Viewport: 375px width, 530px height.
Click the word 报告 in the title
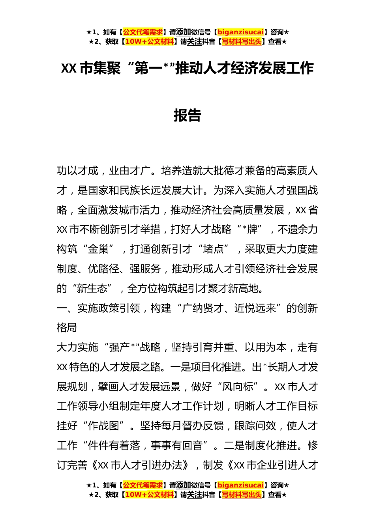coord(187,115)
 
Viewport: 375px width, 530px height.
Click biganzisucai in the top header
coord(240,32)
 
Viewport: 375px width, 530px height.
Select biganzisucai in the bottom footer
coord(240,485)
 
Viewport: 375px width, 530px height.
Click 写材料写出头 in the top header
coord(242,42)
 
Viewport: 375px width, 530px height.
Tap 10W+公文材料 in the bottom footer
coord(149,495)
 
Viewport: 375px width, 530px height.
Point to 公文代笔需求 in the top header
coord(143,32)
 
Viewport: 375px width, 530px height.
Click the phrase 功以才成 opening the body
coord(77,171)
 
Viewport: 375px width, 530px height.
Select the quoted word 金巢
coord(98,249)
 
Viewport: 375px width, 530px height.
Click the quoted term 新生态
coord(92,289)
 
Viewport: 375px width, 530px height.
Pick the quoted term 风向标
coord(238,387)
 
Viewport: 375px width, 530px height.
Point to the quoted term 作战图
coord(103,426)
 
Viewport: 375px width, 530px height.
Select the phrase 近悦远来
coord(255,308)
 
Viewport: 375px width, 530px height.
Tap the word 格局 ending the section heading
coord(67,328)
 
